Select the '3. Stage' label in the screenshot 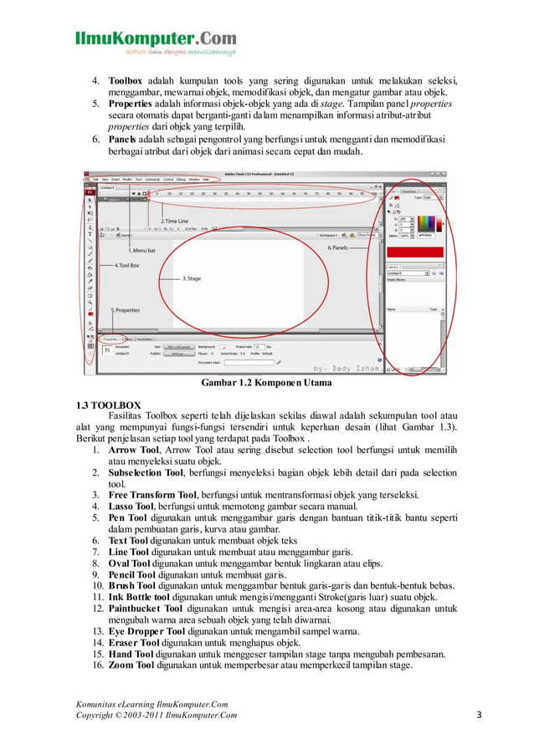192,278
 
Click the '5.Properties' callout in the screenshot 126,310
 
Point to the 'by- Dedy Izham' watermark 345,367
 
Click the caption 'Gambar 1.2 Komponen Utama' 266,384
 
